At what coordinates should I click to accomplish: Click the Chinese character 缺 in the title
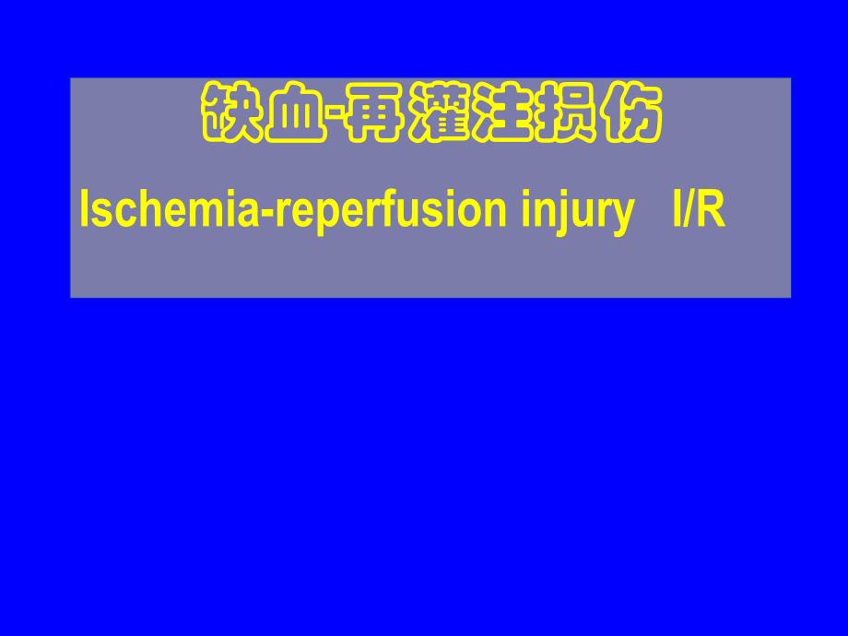(x=230, y=114)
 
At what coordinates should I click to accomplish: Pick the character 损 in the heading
(x=565, y=114)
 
